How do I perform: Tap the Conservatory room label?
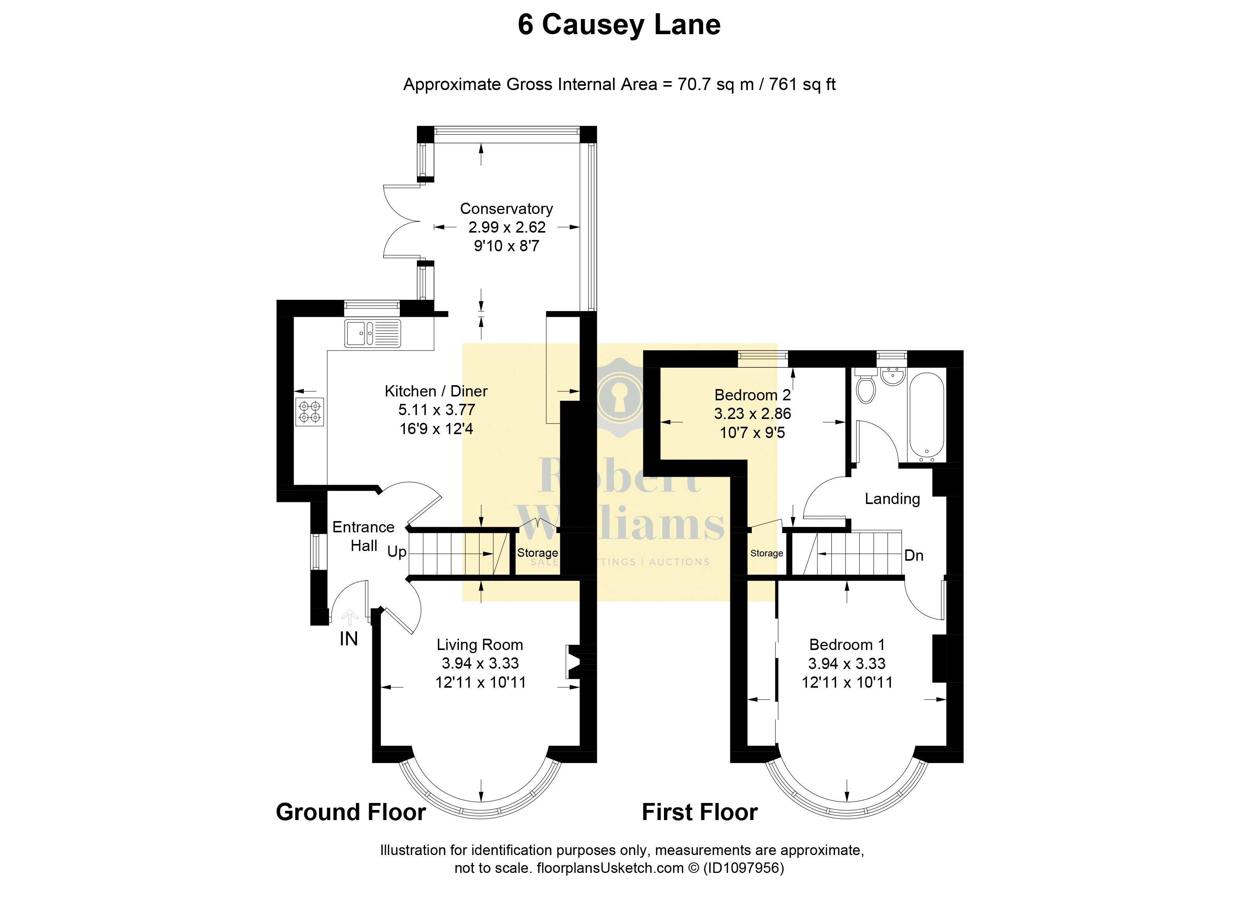tap(506, 209)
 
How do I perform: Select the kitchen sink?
tap(372, 333)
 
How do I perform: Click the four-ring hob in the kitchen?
tap(310, 412)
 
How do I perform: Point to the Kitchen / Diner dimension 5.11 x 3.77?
tap(436, 410)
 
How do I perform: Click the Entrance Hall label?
tap(363, 536)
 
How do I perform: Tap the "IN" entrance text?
tap(349, 639)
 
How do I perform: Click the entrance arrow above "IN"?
tap(349, 617)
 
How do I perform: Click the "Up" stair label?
tap(397, 552)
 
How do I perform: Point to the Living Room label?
tap(480, 645)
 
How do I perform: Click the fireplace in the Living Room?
tap(574, 662)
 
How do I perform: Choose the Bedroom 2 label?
tap(752, 395)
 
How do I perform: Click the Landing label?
tap(892, 499)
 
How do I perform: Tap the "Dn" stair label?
tap(913, 555)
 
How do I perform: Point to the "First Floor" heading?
tap(700, 812)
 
